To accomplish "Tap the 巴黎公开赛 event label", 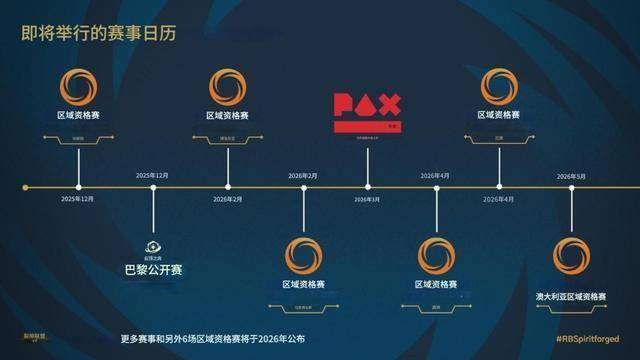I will point(153,270).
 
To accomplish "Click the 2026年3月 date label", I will point(367,199).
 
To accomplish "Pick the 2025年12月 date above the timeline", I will point(153,176).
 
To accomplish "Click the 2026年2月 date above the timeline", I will point(303,176).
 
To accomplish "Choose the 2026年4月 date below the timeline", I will point(497,199).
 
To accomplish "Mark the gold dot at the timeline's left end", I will point(25,187).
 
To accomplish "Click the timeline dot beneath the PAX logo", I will point(367,187).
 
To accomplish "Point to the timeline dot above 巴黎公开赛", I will point(153,187).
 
